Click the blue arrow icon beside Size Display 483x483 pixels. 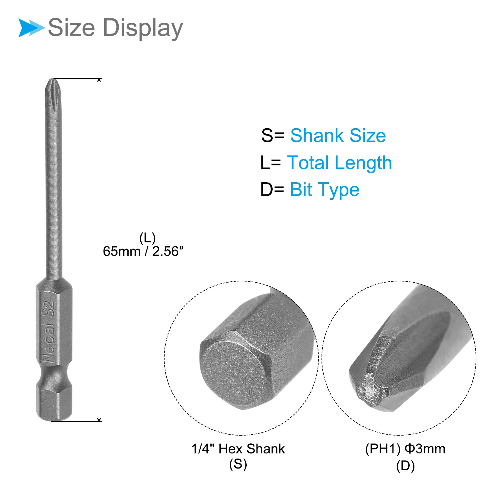click(x=31, y=28)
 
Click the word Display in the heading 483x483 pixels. click(x=143, y=28)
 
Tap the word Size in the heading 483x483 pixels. click(x=72, y=27)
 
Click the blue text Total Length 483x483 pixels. click(x=340, y=163)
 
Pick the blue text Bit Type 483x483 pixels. click(x=325, y=190)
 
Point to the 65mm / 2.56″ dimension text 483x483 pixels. click(x=143, y=251)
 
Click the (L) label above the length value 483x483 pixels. click(x=147, y=238)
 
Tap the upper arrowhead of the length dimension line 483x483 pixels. click(x=99, y=81)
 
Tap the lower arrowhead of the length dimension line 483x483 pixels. click(x=99, y=419)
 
